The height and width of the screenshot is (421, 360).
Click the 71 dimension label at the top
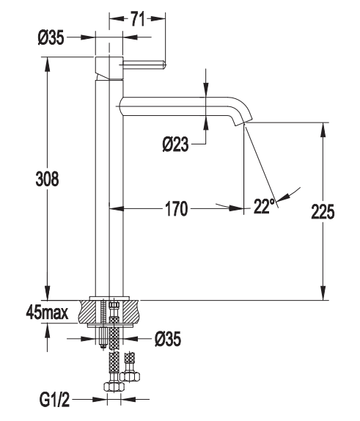[x=137, y=19]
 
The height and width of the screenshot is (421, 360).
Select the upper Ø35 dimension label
[x=51, y=37]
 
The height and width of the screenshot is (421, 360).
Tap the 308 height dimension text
[x=47, y=179]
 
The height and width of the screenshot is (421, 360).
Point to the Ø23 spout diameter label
[x=175, y=144]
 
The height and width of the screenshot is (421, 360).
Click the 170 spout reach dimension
[x=177, y=208]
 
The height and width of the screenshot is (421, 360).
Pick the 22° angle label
[x=265, y=206]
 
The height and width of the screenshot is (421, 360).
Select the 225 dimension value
[x=323, y=212]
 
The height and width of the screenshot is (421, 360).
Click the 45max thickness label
[x=47, y=312]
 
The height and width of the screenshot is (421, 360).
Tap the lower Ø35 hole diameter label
[x=168, y=339]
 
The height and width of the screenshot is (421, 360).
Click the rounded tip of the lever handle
[x=165, y=65]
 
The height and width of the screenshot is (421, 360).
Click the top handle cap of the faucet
[x=109, y=67]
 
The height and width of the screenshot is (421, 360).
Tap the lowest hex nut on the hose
[x=114, y=387]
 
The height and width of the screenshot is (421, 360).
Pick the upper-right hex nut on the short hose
[x=130, y=376]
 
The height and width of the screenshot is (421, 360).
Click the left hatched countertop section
[x=90, y=312]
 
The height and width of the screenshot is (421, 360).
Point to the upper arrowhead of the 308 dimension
[x=47, y=64]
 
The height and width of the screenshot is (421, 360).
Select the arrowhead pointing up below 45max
[x=47, y=331]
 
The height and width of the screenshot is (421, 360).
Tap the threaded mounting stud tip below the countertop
[x=103, y=347]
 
